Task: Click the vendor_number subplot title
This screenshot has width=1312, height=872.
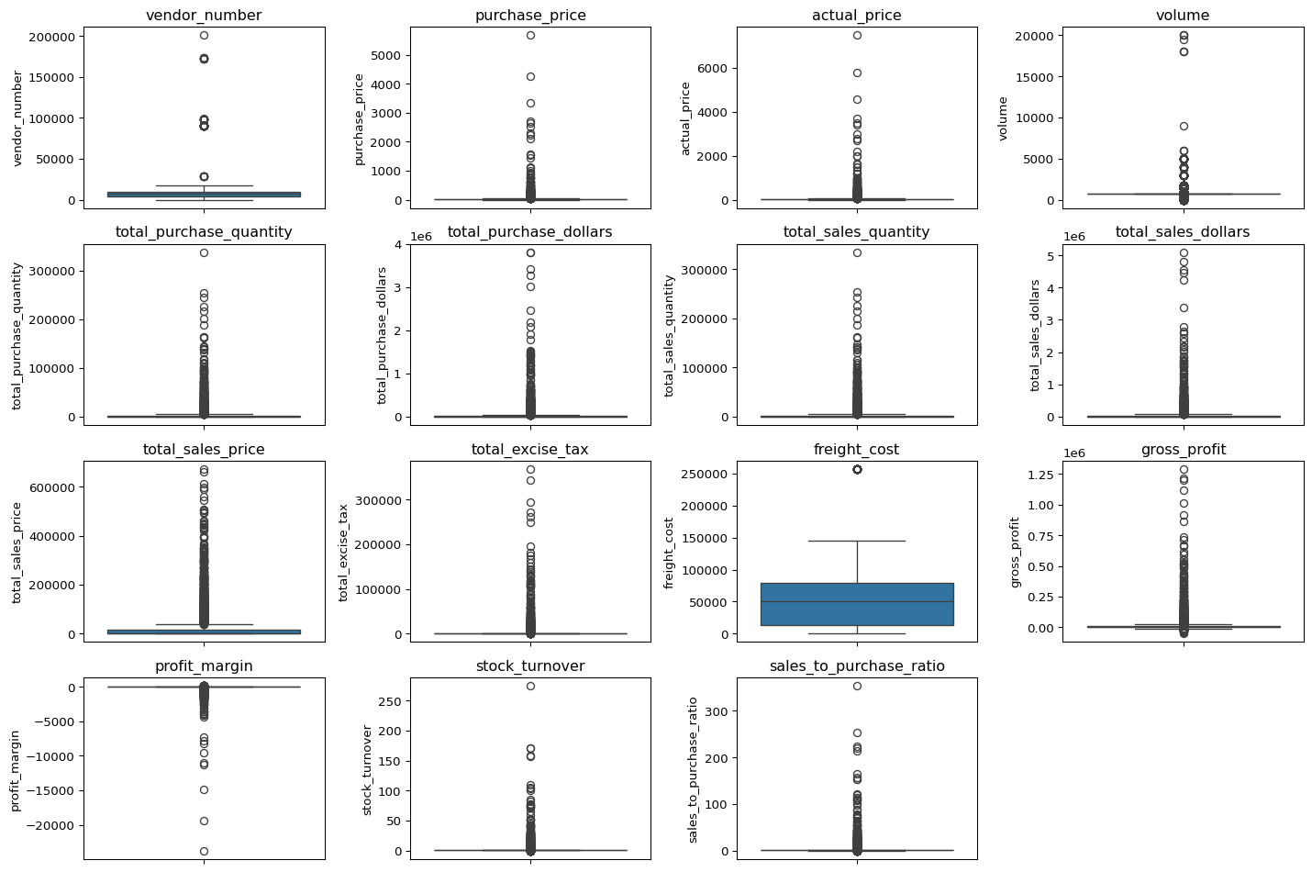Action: (204, 15)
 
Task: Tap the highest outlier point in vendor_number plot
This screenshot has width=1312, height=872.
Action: (204, 35)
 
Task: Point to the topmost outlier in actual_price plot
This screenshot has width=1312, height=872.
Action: (857, 35)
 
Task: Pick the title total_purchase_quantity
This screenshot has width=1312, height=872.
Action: (204, 232)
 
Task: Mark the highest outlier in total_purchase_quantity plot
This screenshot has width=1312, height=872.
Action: (204, 252)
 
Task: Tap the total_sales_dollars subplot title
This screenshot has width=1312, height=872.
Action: (1183, 232)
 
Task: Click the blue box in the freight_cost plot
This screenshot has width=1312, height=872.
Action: (857, 604)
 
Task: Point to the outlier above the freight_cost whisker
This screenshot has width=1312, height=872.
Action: (857, 469)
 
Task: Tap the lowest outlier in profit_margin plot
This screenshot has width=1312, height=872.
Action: (204, 851)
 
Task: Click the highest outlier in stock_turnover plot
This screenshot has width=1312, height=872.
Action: (530, 686)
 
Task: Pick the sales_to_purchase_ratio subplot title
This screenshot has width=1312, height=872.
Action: (857, 666)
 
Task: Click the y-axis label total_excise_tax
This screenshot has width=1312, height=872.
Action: (344, 552)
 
